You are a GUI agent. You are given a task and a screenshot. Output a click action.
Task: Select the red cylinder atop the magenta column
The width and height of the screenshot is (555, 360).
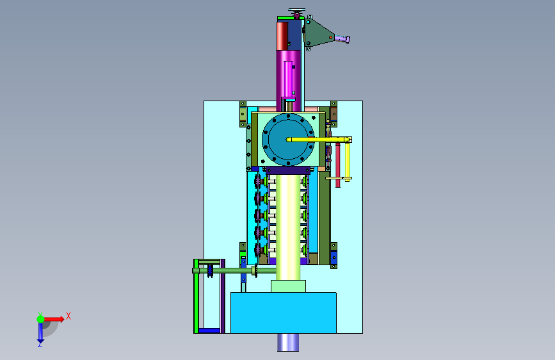[282, 36]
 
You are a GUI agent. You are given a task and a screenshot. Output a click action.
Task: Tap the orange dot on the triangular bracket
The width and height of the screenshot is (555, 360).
[330, 37]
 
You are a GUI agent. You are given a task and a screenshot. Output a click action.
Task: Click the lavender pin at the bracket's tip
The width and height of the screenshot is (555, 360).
[342, 38]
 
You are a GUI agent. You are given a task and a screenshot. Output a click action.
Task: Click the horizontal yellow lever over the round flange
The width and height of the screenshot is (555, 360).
[319, 140]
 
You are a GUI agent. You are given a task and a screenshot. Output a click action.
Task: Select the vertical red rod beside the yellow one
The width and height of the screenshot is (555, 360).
[337, 165]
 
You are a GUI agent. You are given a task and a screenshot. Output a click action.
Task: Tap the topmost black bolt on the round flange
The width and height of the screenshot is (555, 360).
[288, 116]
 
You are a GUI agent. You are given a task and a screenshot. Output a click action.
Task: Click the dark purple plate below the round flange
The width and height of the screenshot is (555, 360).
[288, 170]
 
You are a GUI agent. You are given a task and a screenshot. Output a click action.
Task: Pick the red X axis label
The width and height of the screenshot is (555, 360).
[68, 316]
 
